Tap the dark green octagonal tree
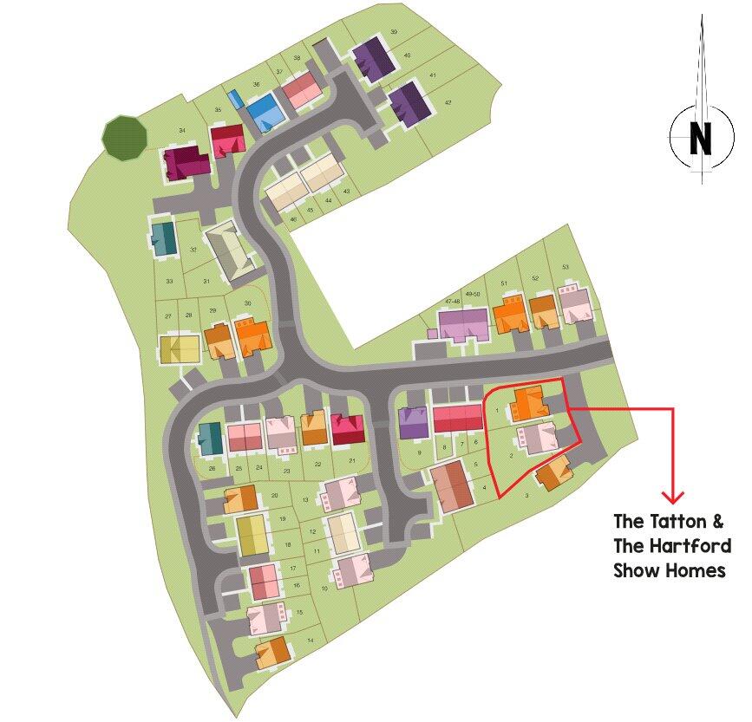(123, 136)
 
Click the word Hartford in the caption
(694, 546)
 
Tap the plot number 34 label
(182, 131)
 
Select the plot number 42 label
(448, 103)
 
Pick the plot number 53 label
(566, 267)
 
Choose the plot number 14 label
(310, 641)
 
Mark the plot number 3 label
(526, 496)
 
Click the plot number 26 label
(212, 468)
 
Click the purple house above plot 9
(414, 423)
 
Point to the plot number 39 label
(394, 32)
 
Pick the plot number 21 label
(352, 461)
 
